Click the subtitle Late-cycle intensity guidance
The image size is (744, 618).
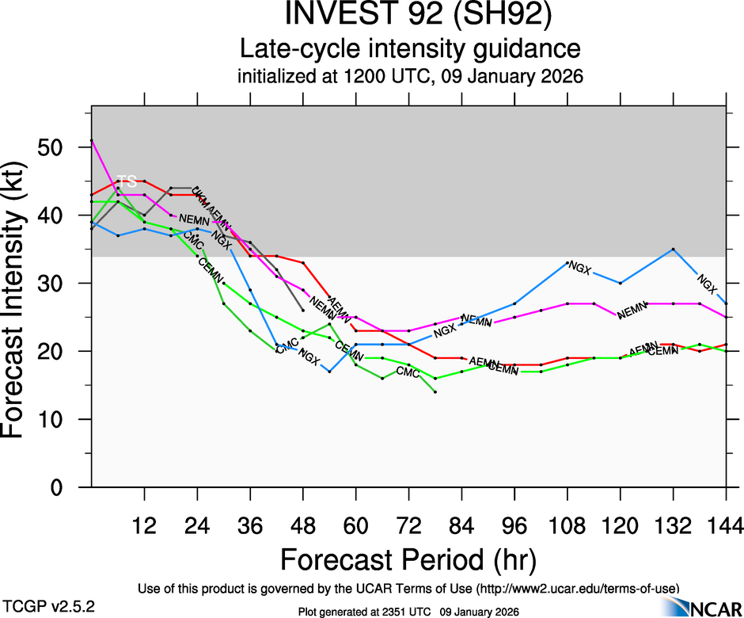[x=410, y=49]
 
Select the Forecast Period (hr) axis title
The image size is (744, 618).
[x=408, y=559]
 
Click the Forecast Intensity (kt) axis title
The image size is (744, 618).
[x=21, y=305]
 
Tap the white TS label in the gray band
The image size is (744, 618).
[x=127, y=181]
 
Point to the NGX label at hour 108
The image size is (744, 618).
[x=580, y=269]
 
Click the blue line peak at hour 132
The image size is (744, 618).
[x=673, y=249]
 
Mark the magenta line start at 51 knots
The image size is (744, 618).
[x=92, y=140]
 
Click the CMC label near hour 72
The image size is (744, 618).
[x=408, y=372]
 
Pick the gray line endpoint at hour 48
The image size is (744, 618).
[x=303, y=310]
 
